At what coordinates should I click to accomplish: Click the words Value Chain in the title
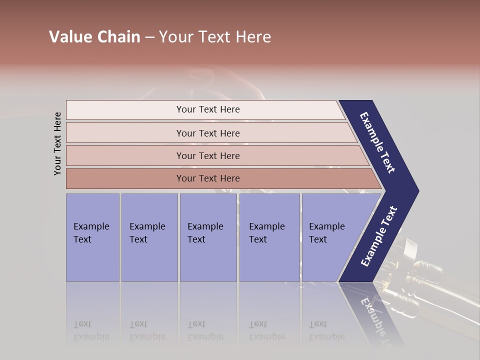[x=94, y=37]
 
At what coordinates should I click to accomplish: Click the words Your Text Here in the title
[x=215, y=37]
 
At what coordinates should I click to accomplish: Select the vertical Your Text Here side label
[x=57, y=143]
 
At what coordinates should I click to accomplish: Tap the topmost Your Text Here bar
[x=207, y=109]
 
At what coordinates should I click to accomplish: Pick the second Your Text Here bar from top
[x=207, y=133]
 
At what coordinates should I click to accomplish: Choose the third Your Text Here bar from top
[x=207, y=155]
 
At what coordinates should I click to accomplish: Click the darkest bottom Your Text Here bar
[x=207, y=178]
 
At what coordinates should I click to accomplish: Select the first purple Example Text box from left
[x=92, y=237]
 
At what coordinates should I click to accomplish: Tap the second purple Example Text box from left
[x=149, y=237]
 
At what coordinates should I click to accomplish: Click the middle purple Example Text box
[x=207, y=237]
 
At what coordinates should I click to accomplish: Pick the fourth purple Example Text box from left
[x=269, y=237]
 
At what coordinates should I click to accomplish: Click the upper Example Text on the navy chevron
[x=377, y=142]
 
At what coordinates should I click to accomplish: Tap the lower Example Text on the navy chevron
[x=378, y=236]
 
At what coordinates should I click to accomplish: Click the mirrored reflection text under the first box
[x=91, y=330]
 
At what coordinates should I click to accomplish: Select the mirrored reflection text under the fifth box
[x=326, y=330]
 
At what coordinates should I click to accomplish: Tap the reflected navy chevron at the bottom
[x=372, y=312]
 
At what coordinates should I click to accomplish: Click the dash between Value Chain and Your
[x=149, y=37]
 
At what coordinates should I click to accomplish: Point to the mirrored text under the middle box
[x=205, y=330]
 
